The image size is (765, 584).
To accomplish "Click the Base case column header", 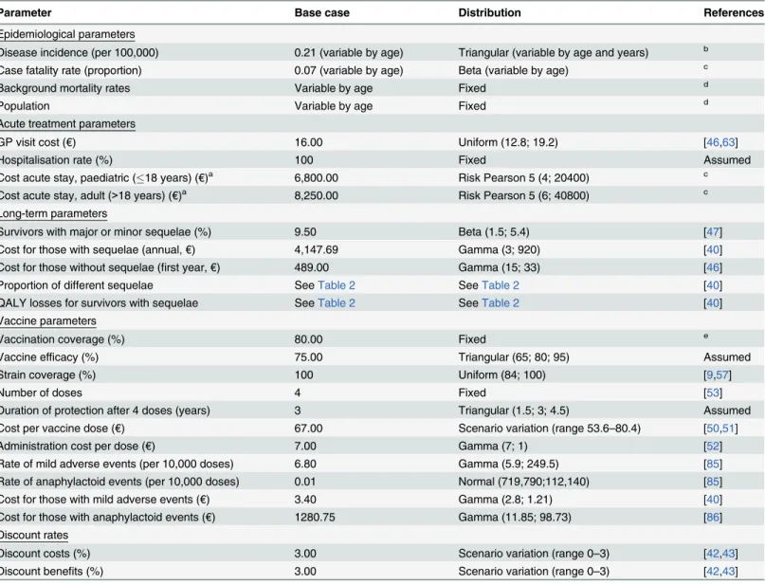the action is point(322,12).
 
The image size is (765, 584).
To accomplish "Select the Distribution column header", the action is point(489,12).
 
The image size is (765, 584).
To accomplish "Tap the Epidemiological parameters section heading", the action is point(67,34).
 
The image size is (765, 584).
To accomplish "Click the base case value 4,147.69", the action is point(317,249).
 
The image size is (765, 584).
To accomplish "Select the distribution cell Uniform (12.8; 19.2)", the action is point(508,142).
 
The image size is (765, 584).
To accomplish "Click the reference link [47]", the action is point(713,231).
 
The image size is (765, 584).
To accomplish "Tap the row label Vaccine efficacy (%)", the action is point(48,357).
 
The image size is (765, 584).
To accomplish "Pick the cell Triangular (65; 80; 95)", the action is point(514,357).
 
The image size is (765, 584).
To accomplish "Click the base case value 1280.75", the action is point(315,517).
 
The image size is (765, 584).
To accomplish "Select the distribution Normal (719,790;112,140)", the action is point(523,482).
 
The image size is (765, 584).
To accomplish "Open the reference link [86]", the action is point(713,517).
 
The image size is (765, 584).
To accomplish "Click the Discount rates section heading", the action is point(34,536).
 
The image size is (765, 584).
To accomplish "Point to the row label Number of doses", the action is point(41,392).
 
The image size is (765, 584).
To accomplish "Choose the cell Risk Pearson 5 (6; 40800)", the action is point(523,195).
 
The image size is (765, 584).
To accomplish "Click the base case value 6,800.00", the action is point(317,178).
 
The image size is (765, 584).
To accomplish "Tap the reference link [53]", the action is point(713,392).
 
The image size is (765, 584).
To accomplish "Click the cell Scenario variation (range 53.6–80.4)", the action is point(550,429).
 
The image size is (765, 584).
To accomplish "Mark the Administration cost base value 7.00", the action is point(305,446).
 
